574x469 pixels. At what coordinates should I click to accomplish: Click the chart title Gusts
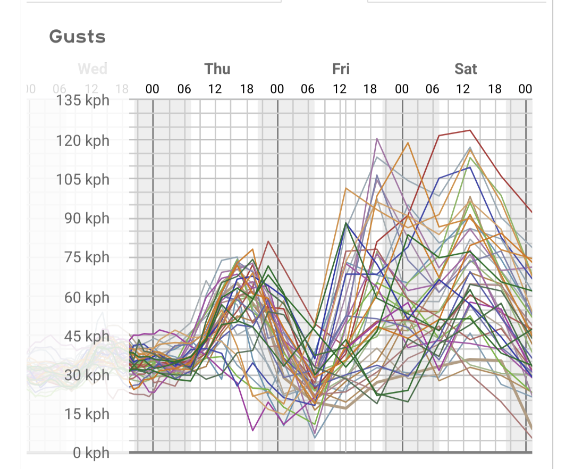[x=78, y=37]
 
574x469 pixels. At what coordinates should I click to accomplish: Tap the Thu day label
[x=217, y=69]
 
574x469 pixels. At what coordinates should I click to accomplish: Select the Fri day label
[x=341, y=69]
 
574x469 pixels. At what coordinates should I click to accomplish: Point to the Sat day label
[x=466, y=69]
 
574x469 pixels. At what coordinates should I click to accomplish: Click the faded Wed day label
[x=92, y=69]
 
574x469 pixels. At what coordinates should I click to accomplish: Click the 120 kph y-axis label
[x=82, y=140]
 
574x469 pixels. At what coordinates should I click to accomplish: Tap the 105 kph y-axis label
[x=82, y=179]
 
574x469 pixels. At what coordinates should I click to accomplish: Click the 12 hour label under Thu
[x=215, y=89]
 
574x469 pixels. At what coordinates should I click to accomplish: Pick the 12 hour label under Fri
[x=340, y=89]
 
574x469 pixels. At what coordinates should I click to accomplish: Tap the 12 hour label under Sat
[x=463, y=89]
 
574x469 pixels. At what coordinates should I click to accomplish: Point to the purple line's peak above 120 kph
[x=377, y=138]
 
